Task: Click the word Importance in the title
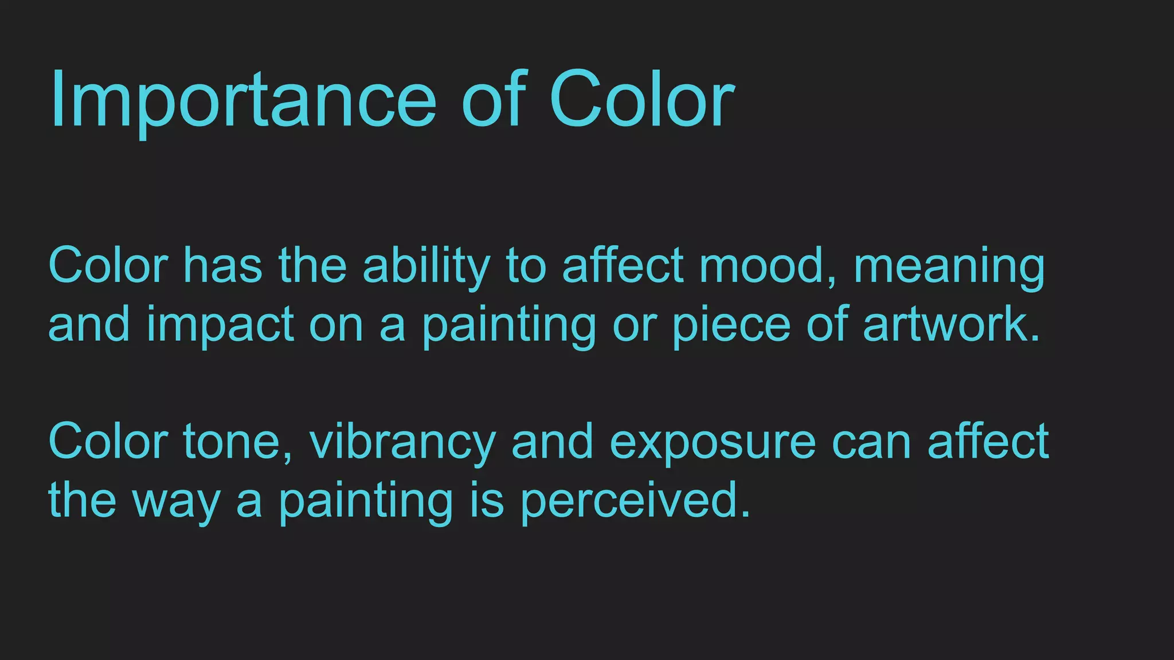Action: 243,100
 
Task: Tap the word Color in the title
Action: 641,100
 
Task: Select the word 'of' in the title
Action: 494,100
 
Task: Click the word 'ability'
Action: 426,267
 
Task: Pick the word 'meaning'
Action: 949,267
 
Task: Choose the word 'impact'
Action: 221,325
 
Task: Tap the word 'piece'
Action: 731,325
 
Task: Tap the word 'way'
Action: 177,502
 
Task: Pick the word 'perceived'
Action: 635,501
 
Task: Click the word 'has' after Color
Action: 223,266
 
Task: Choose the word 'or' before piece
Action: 634,325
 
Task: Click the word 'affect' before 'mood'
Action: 623,266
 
